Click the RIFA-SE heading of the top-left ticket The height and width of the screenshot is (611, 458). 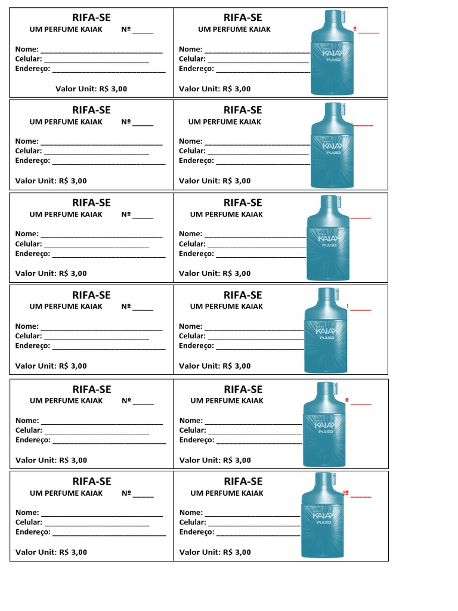pos(91,18)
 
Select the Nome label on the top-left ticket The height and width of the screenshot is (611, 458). pos(27,50)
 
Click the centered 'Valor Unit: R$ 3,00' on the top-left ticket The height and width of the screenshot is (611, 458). pos(91,89)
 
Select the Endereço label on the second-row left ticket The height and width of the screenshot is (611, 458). pos(33,161)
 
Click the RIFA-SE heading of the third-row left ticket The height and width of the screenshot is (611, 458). pos(91,203)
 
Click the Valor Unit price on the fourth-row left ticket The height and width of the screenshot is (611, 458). pos(51,366)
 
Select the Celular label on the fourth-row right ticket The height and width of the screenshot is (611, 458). pos(192,336)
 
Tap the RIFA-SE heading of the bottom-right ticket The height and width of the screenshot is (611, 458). pos(243,482)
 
